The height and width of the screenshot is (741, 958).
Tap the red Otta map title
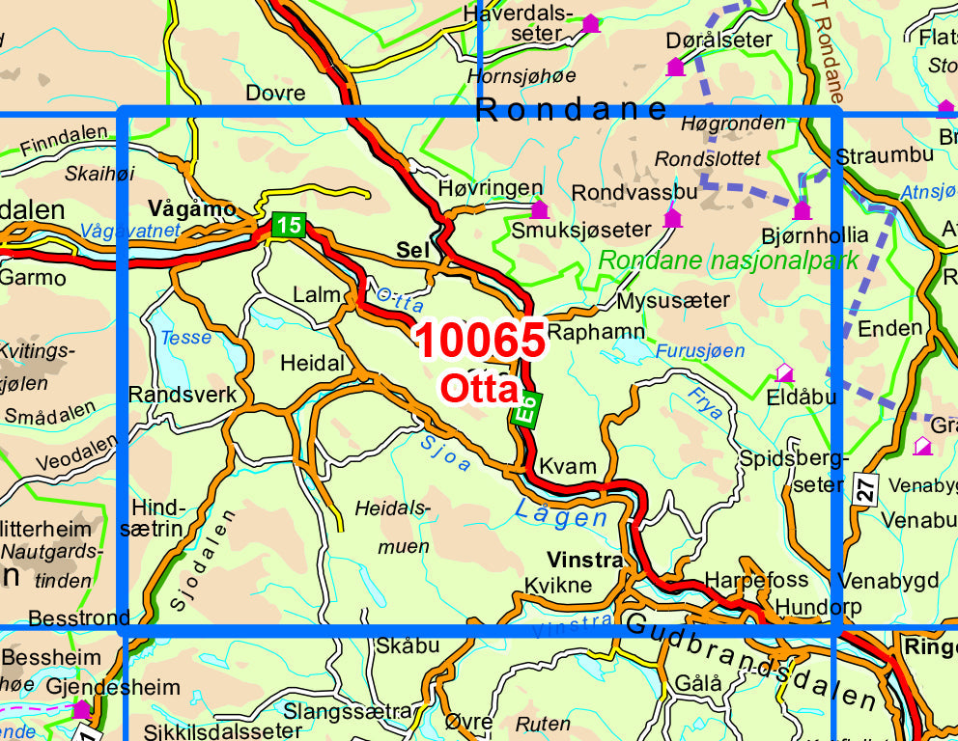(480, 388)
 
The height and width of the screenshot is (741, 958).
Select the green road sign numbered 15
(288, 226)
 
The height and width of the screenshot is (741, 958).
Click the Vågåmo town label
(193, 208)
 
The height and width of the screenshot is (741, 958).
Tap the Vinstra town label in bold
(583, 560)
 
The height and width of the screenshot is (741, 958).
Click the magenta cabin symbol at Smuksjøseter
(539, 209)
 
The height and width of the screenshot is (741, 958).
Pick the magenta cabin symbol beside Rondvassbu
(672, 219)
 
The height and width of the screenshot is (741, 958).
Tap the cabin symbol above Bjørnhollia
(802, 210)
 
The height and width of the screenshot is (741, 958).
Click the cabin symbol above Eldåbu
(785, 372)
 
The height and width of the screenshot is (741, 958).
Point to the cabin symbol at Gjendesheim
(82, 709)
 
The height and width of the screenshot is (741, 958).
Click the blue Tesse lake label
(185, 339)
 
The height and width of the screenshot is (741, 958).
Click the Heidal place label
(312, 364)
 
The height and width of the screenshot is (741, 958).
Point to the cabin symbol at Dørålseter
(675, 67)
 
